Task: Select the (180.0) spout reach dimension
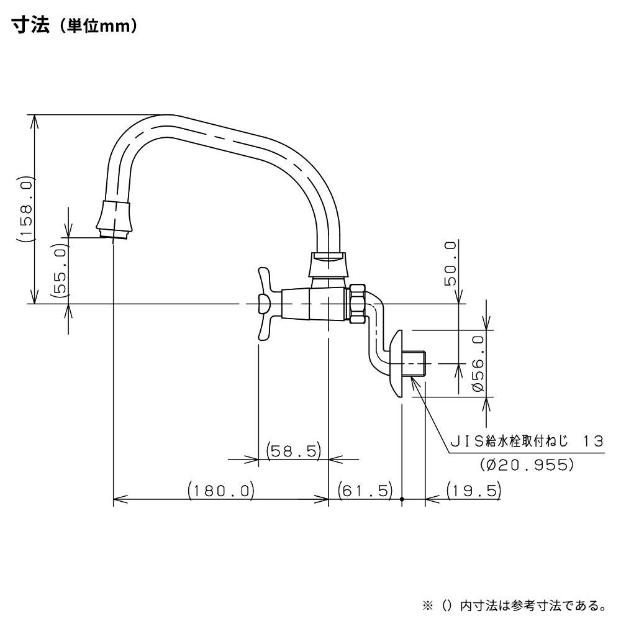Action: click(221, 491)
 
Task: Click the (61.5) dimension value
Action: click(366, 491)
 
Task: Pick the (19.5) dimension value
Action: click(474, 491)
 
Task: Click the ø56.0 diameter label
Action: click(478, 363)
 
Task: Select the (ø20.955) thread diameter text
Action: click(527, 464)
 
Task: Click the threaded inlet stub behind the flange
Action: click(414, 363)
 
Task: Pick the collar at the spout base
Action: click(329, 265)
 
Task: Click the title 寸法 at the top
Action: click(29, 28)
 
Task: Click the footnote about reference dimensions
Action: click(514, 604)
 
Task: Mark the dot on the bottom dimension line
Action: click(402, 499)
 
